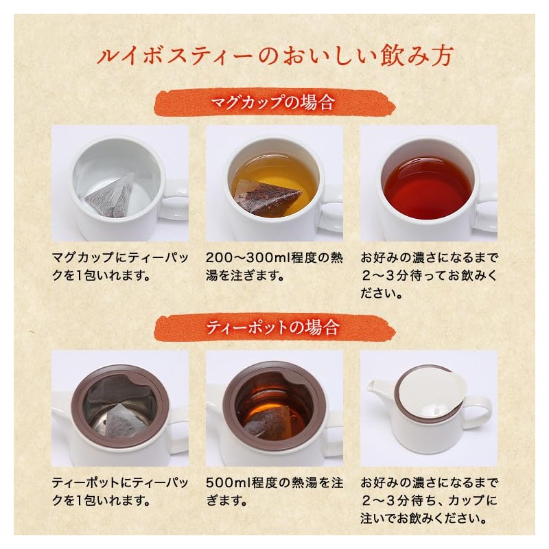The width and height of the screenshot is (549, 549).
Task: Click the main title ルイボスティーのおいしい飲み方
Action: click(274, 56)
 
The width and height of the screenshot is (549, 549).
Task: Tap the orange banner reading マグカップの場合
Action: click(274, 104)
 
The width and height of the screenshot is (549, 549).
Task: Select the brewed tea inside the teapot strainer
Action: click(271, 412)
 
